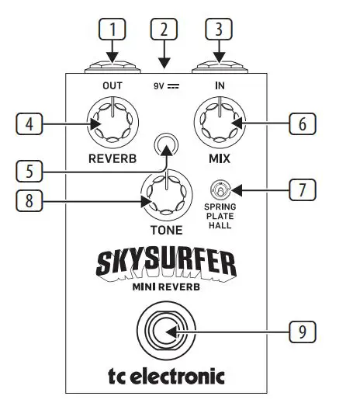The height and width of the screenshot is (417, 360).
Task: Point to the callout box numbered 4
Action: [x=29, y=124]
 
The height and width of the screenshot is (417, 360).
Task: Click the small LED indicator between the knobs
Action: [x=164, y=144]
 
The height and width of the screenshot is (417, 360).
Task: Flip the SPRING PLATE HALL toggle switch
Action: [x=220, y=189]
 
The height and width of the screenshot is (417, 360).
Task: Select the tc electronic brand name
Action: [x=166, y=377]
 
